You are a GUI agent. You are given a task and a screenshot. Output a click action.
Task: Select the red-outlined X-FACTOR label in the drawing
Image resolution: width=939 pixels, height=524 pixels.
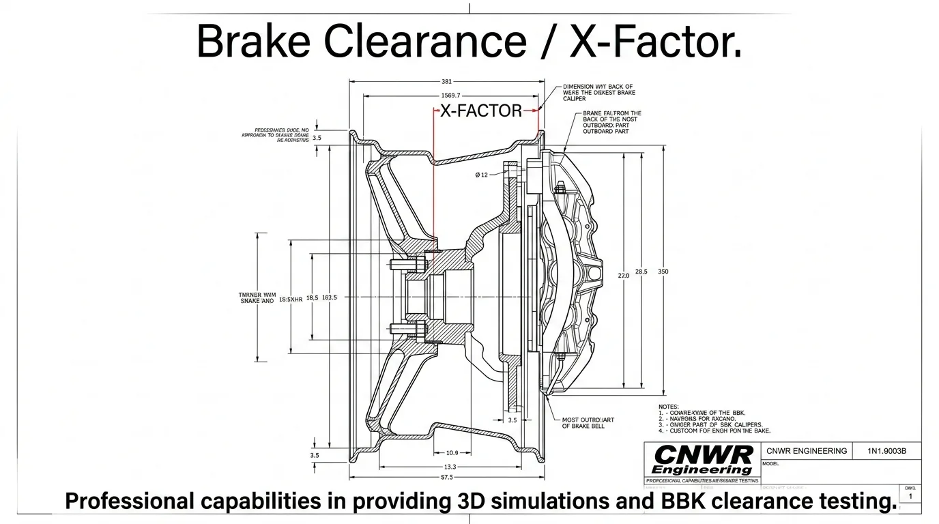(x=480, y=111)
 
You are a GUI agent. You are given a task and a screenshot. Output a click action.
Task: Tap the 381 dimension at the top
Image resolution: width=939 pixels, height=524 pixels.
(x=447, y=82)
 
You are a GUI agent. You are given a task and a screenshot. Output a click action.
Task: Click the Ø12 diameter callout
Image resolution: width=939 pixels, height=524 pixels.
(x=482, y=175)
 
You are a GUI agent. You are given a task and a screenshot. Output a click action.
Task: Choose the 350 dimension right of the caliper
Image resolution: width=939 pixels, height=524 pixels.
(x=663, y=272)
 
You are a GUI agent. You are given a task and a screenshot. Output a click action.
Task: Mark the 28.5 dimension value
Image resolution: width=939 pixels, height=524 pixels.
(x=641, y=272)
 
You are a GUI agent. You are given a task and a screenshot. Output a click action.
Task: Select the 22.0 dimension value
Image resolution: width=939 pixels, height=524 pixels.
(x=623, y=276)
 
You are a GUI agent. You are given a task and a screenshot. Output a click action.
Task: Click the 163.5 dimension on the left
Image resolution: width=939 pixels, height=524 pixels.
(x=329, y=297)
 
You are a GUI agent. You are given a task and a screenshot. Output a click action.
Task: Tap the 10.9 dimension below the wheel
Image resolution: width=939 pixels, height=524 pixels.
(x=452, y=453)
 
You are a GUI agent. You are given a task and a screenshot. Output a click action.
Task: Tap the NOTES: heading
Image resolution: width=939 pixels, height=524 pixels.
(x=669, y=407)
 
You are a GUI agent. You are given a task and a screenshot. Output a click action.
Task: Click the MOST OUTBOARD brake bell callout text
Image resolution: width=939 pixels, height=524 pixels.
(x=588, y=423)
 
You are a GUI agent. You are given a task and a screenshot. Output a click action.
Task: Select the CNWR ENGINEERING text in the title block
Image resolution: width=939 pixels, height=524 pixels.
(x=807, y=451)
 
